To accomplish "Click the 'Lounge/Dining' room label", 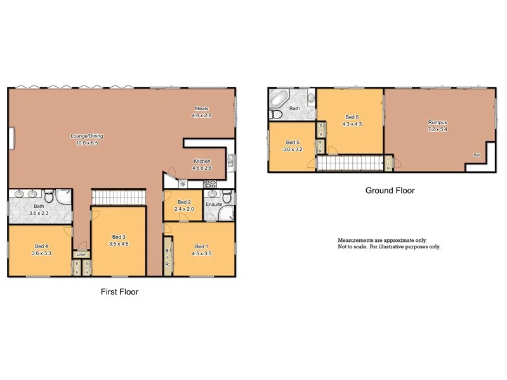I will tap(87, 136).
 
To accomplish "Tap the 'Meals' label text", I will tap(202, 108).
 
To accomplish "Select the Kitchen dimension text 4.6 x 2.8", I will tap(202, 168).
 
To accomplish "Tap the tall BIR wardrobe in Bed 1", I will tap(168, 255).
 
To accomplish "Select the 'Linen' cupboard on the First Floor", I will tap(81, 254).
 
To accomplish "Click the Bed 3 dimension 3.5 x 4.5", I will tap(119, 244).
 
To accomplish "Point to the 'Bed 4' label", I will tap(40, 246).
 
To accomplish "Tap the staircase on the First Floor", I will tap(119, 198).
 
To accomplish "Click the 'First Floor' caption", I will tap(119, 292).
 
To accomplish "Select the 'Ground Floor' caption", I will tap(390, 190).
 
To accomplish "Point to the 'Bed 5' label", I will tap(292, 142).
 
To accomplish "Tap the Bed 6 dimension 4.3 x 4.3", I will tap(352, 124).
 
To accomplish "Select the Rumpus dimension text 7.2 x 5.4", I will tap(437, 129).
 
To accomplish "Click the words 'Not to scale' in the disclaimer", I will tap(353, 247).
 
